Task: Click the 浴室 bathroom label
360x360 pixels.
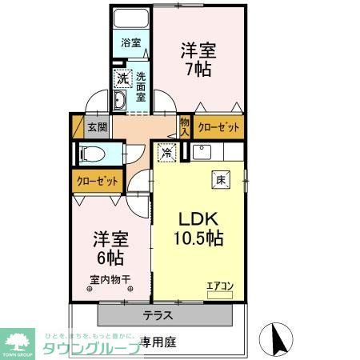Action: pyautogui.click(x=130, y=43)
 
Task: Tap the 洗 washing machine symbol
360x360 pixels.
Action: pyautogui.click(x=122, y=78)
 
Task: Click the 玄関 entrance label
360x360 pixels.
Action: pyautogui.click(x=97, y=126)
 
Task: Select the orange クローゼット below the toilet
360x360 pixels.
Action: pyautogui.click(x=97, y=180)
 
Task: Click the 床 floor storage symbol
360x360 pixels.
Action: pyautogui.click(x=218, y=181)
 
